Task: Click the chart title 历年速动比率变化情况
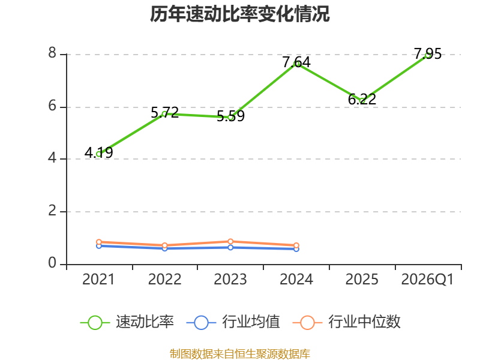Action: tap(239, 14)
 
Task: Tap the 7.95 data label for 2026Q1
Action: tap(428, 54)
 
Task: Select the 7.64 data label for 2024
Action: tap(296, 62)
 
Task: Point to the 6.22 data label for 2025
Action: tap(362, 99)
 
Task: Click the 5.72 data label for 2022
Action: tap(164, 113)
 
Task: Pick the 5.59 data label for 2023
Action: tap(230, 116)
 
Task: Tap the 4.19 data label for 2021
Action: tap(98, 153)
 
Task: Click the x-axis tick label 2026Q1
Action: tap(427, 280)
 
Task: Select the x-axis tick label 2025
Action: tap(362, 280)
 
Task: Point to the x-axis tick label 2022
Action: tap(164, 280)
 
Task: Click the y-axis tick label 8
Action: tap(52, 53)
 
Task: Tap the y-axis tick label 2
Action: tap(52, 211)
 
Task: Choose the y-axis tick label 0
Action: tap(52, 263)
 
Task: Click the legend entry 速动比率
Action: tap(127, 322)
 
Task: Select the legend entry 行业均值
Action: tap(233, 322)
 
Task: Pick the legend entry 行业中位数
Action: tap(347, 322)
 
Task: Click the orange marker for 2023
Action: tap(230, 242)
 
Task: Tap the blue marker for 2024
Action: tap(296, 249)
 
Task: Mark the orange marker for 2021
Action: tap(99, 242)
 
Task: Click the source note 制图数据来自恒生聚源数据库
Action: tap(239, 354)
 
